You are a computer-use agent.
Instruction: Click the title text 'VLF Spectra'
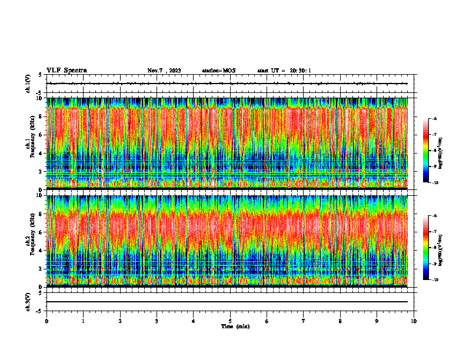click(66, 71)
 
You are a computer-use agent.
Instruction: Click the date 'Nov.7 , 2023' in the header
click(164, 71)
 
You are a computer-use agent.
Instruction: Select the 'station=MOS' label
click(218, 71)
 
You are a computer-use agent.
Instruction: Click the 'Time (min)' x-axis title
click(235, 326)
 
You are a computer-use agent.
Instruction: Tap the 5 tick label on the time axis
click(230, 321)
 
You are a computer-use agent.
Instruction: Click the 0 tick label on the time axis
click(46, 321)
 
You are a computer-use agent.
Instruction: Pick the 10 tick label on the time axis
click(414, 321)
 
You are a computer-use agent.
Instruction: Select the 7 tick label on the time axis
click(304, 321)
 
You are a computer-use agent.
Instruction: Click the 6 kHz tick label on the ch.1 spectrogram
click(39, 135)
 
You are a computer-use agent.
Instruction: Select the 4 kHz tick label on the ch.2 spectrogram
click(39, 250)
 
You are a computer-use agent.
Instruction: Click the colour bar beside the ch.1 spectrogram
click(430, 151)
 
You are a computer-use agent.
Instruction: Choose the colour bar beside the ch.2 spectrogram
click(430, 248)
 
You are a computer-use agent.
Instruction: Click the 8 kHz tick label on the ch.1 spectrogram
click(39, 116)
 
